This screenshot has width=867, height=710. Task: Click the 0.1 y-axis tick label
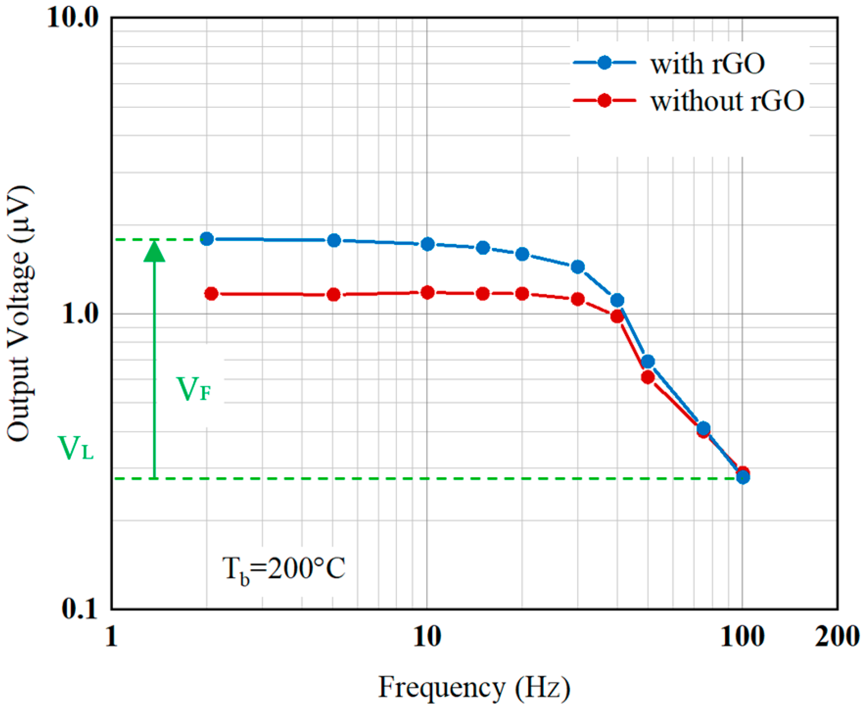(x=80, y=609)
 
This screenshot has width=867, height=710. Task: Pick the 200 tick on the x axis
(x=837, y=637)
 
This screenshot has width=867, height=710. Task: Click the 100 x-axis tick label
(x=742, y=637)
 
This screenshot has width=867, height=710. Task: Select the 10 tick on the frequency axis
(x=427, y=637)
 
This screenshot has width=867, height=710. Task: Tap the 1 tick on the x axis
(x=112, y=637)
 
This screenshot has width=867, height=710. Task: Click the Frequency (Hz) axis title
(x=474, y=687)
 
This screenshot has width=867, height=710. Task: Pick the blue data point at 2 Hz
(x=207, y=239)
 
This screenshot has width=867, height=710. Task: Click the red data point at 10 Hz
(x=427, y=293)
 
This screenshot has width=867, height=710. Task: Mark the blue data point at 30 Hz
(x=578, y=267)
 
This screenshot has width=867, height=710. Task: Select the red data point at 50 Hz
(x=648, y=377)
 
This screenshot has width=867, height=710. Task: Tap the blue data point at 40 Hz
(x=617, y=300)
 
